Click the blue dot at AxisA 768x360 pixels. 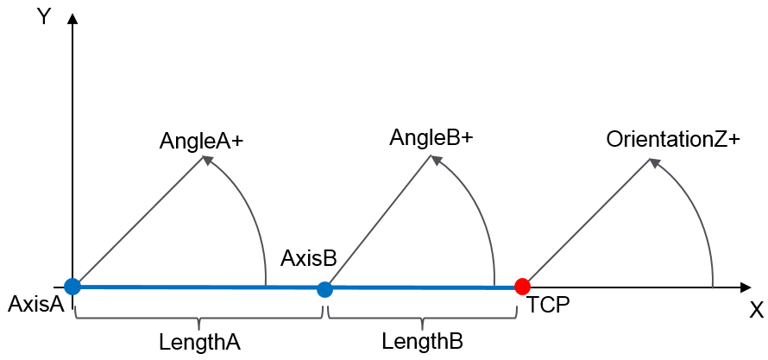pos(72,286)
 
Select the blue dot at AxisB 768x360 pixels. pos(324,289)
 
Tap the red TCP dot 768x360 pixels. pos(521,286)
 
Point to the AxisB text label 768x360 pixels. pos(308,258)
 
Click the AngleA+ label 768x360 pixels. pos(201,142)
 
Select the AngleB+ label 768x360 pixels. pos(431,138)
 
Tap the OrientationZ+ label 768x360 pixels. pos(673,140)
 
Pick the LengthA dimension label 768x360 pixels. pos(198,341)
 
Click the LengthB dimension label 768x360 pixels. pos(423,341)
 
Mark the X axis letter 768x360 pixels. pos(756,311)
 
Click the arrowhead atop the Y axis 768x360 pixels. pos(72,18)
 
